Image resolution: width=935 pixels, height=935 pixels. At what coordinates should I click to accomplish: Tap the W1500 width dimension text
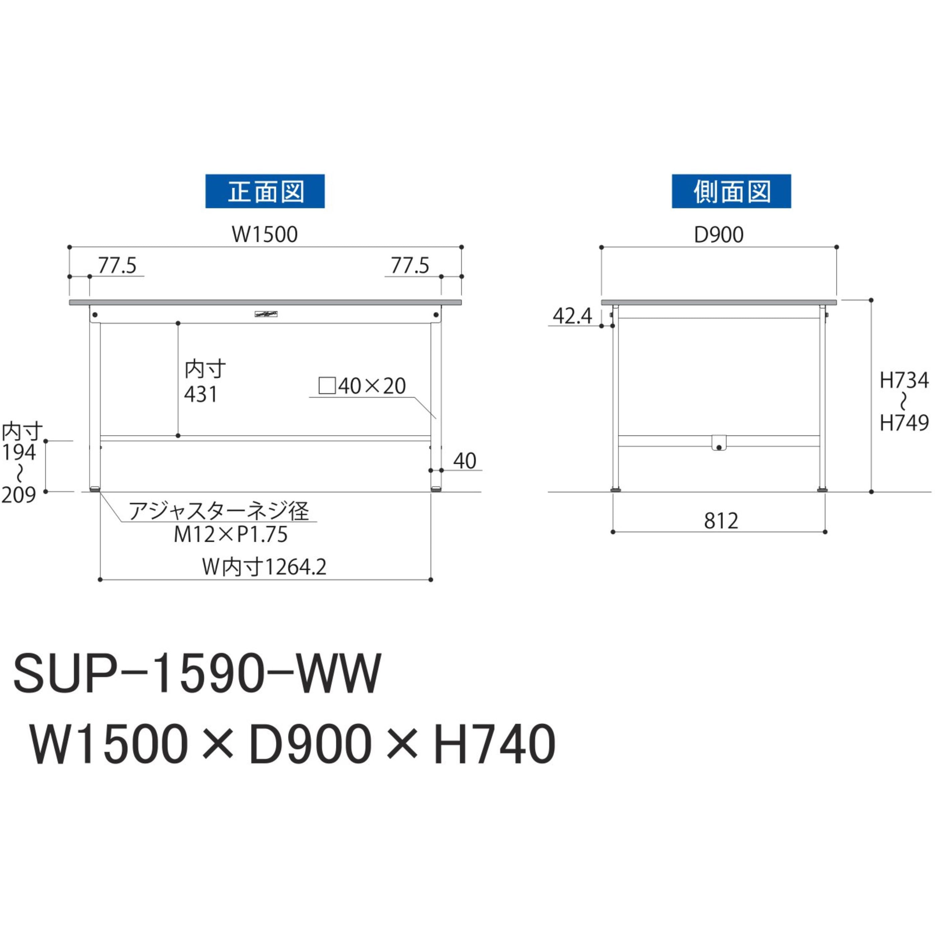pyautogui.click(x=265, y=235)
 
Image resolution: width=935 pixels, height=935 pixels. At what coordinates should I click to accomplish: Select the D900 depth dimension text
pyautogui.click(x=719, y=235)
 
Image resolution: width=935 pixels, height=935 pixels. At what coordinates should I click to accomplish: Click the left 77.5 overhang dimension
pyautogui.click(x=117, y=266)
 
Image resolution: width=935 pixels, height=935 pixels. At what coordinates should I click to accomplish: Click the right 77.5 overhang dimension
pyautogui.click(x=410, y=266)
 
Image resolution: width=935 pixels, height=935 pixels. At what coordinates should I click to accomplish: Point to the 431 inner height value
pyautogui.click(x=201, y=394)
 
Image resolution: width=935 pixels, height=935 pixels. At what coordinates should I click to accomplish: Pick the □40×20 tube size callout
pyautogui.click(x=362, y=386)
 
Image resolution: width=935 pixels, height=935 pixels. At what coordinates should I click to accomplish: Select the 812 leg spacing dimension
pyautogui.click(x=721, y=521)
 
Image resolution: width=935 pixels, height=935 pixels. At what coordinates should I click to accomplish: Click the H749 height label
pyautogui.click(x=904, y=423)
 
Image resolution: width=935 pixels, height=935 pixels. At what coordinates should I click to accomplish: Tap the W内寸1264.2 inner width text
pyautogui.click(x=264, y=567)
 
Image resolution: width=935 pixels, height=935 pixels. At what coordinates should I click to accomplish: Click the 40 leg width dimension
pyautogui.click(x=464, y=461)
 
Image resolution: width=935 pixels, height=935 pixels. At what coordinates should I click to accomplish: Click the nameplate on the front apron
pyautogui.click(x=265, y=313)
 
